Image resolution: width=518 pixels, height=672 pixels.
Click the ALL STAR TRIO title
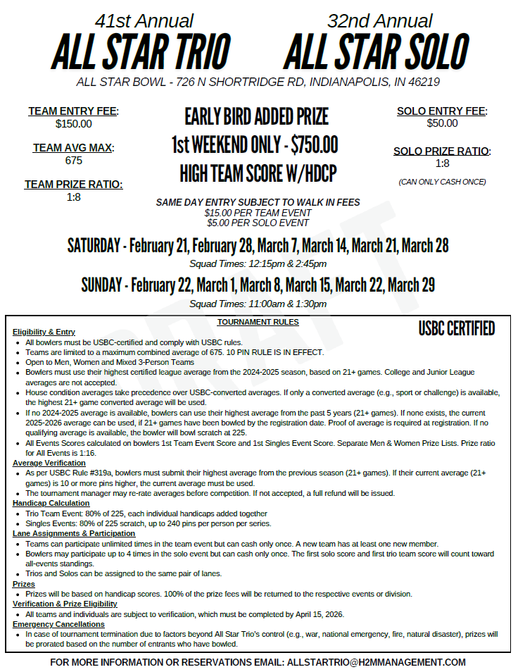[141, 51]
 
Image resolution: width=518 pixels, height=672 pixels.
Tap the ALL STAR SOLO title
[377, 51]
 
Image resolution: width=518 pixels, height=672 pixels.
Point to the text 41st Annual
[144, 21]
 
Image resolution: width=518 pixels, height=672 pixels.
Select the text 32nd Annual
[380, 21]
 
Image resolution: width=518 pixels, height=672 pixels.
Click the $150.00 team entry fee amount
[73, 124]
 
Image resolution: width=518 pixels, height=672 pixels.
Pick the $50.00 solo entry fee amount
[442, 123]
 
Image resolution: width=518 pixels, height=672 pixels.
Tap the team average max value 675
[73, 161]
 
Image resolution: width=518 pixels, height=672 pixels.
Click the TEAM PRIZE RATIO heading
[73, 185]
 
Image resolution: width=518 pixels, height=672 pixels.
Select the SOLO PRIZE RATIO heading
[442, 151]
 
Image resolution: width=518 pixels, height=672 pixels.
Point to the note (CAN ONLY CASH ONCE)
[442, 182]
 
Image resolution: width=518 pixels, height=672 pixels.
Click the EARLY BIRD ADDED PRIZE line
[257, 116]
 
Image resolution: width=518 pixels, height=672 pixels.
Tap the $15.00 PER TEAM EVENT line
[258, 213]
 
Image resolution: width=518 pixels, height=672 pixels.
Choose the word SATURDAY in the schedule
[94, 246]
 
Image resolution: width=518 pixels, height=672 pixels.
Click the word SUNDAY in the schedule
[102, 285]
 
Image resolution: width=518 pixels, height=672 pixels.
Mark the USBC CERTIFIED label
[456, 329]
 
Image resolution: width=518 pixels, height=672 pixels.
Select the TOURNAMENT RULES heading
[258, 322]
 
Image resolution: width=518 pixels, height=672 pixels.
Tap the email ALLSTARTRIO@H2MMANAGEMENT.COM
[377, 663]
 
